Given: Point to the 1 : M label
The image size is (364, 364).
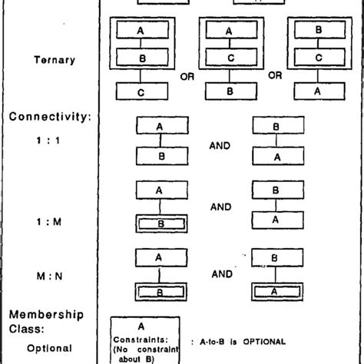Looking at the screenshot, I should (41, 223).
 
